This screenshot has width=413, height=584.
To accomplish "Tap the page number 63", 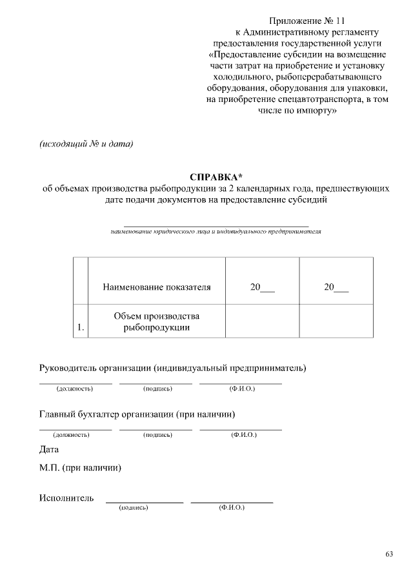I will tap(389, 554).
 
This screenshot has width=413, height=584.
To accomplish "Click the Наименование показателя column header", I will tap(157, 288).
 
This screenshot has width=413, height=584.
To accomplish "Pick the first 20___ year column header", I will tap(263, 288).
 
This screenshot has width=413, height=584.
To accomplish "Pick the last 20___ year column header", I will tap(336, 288).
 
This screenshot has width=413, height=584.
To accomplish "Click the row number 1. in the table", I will tap(81, 328).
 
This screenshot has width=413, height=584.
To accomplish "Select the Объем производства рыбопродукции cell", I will tap(157, 321).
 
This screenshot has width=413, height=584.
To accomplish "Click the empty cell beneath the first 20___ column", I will tap(263, 321).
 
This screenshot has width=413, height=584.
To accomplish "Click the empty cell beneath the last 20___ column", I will tap(336, 321).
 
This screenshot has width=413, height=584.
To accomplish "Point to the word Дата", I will tap(49, 450).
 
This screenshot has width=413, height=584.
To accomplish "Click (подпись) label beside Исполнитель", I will tap(134, 508).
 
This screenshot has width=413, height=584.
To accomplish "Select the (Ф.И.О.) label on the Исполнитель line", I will tap(232, 508).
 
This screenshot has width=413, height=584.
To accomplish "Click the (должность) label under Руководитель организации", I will tap(75, 389).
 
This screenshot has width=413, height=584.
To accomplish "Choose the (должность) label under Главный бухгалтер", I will tap(71, 435).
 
